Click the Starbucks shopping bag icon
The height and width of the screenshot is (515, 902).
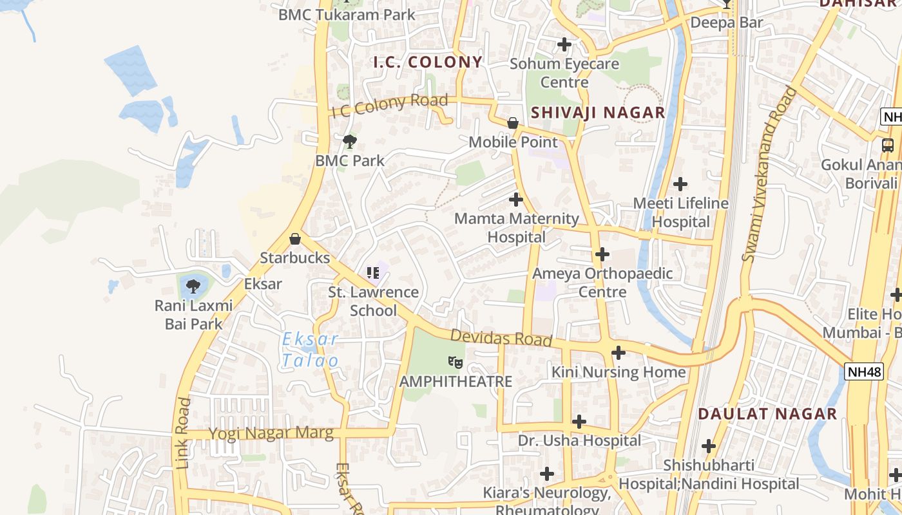[x=295, y=239]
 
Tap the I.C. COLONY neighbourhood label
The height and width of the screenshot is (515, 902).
[x=428, y=62]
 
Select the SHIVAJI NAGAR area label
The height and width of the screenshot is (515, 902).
[x=597, y=113]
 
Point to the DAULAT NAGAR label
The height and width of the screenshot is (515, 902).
[x=767, y=413]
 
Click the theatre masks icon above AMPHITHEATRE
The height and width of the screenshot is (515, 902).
[x=456, y=362]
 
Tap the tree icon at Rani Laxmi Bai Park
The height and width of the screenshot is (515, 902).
[x=193, y=286]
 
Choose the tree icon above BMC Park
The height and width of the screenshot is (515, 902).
[x=350, y=142]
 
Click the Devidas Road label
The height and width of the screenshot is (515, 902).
[x=501, y=338]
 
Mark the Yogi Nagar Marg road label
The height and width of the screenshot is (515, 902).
[x=271, y=433]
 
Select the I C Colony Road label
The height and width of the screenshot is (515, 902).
[x=389, y=106]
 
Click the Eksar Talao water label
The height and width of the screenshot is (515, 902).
[x=310, y=350]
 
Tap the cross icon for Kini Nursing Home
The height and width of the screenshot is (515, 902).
[x=619, y=353]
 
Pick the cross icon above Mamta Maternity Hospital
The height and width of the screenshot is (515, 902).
[x=516, y=200]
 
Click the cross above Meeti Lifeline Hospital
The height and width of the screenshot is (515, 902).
[x=680, y=185]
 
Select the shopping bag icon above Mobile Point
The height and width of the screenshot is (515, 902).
[x=513, y=123]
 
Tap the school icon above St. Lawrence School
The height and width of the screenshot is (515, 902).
[x=373, y=273]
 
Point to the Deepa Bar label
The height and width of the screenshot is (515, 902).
[x=726, y=23]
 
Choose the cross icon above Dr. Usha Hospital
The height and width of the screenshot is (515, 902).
[x=579, y=422]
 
